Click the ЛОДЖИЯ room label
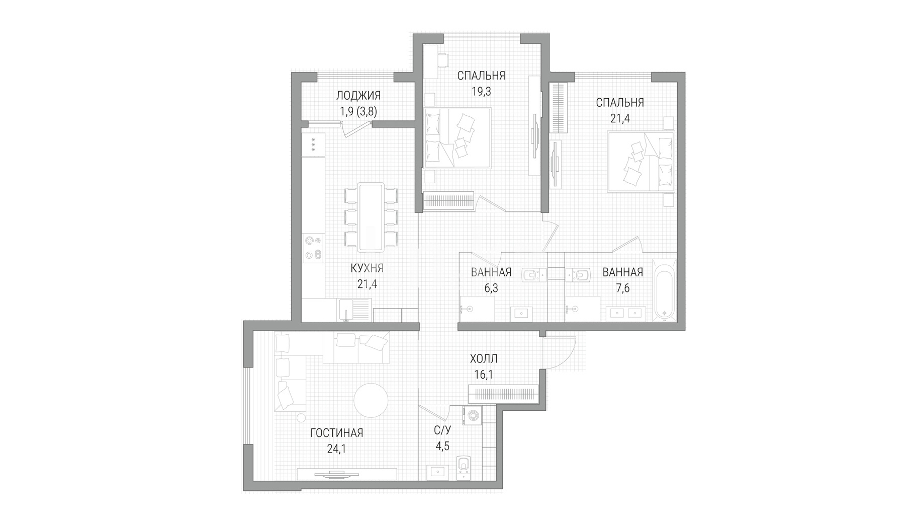click(358, 95)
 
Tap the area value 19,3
click(481, 92)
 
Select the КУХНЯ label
click(367, 268)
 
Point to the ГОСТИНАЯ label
click(336, 433)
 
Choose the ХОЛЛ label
click(484, 359)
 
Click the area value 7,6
click(622, 288)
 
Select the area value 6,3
click(491, 288)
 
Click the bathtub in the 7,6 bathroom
click(664, 290)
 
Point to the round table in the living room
click(371, 400)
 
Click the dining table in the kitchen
click(371, 217)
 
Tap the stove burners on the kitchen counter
click(313, 248)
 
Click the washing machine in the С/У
click(474, 416)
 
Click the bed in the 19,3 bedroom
click(456, 138)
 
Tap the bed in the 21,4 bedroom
click(641, 161)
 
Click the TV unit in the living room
click(346, 474)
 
